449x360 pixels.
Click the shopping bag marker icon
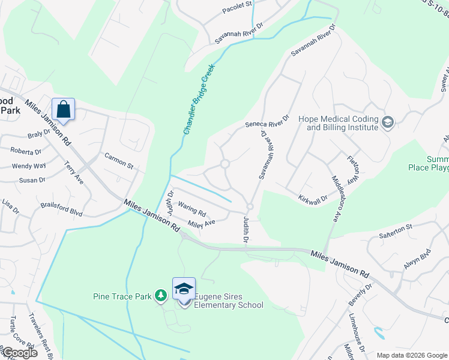point(63,110)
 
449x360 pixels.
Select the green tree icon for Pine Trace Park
point(160,295)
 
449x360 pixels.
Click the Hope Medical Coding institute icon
point(388,122)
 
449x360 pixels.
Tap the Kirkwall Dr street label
point(313,198)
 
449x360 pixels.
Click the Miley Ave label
point(201,223)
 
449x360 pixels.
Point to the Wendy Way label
point(29,166)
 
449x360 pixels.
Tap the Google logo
point(19,353)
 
